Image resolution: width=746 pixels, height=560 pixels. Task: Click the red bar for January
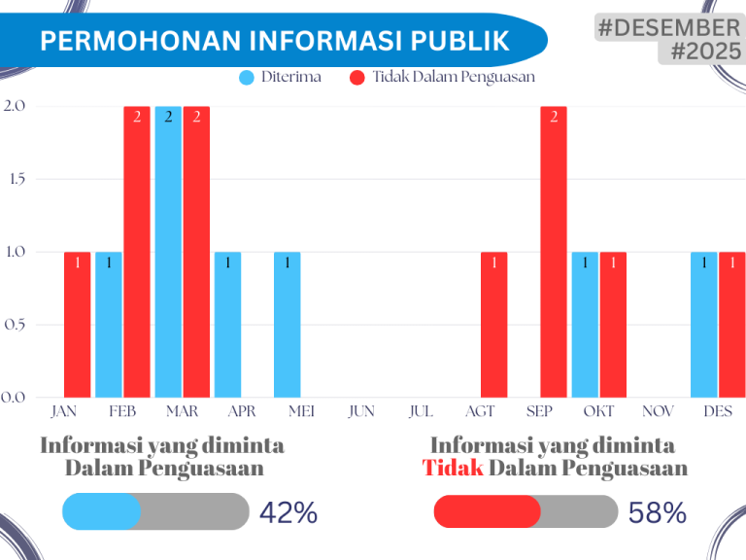(78, 325)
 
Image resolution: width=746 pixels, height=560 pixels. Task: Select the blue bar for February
(109, 325)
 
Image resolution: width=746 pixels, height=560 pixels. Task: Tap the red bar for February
(137, 252)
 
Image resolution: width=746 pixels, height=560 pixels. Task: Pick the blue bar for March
(168, 252)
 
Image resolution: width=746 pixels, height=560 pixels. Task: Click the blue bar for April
(227, 325)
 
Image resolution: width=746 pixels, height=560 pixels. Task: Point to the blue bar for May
(287, 325)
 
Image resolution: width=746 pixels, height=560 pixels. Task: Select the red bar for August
(493, 325)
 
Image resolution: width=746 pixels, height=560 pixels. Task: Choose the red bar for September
(554, 252)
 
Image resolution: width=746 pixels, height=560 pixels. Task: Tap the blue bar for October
(585, 325)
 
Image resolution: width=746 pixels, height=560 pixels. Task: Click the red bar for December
(732, 325)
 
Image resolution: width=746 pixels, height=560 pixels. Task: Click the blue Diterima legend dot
(247, 77)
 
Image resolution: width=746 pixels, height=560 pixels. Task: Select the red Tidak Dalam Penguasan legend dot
(356, 77)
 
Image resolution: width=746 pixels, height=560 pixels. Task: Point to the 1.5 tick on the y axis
(17, 179)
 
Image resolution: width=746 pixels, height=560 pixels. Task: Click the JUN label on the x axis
(361, 411)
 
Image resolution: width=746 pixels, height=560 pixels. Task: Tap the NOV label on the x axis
(658, 411)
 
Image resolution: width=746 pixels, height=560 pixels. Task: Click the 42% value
(288, 513)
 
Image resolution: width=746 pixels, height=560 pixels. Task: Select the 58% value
(657, 513)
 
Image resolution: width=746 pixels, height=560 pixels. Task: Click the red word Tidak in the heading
(453, 468)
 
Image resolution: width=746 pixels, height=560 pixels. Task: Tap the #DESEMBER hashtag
(669, 27)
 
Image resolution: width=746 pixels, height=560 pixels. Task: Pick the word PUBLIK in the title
(459, 41)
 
